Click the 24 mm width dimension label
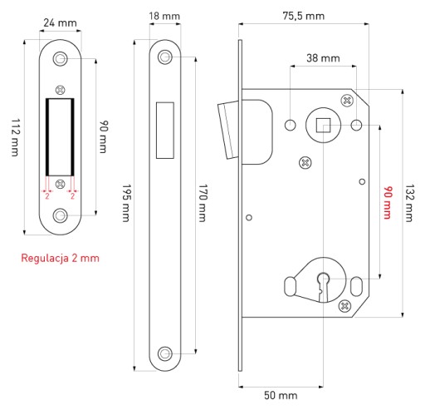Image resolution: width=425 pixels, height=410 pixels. [x=60, y=22]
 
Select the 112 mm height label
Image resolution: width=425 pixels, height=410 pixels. [x=15, y=137]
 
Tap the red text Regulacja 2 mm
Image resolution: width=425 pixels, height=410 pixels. [x=60, y=258]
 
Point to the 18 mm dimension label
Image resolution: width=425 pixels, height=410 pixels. [x=164, y=16]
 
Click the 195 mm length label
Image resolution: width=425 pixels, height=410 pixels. [x=126, y=203]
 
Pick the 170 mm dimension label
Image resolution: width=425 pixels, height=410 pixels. [x=203, y=203]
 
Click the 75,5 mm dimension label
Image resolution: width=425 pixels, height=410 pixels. [x=304, y=16]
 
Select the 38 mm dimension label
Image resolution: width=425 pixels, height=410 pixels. [x=323, y=58]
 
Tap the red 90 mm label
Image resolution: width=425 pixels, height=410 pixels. [x=388, y=203]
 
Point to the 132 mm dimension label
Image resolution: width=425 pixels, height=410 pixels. [x=409, y=203]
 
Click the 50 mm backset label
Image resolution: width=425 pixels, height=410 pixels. [x=281, y=395]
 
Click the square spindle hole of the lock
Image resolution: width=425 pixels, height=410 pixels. [x=323, y=125]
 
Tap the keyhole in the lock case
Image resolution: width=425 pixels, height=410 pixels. [x=323, y=287]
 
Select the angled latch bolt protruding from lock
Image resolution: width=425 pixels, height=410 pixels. [x=227, y=131]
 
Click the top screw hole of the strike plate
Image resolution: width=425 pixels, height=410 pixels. [x=60, y=59]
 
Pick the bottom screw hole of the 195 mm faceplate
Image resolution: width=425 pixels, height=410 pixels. [x=165, y=353]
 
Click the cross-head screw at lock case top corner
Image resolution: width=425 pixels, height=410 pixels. [x=347, y=101]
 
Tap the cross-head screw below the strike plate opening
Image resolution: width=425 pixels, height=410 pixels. [x=61, y=184]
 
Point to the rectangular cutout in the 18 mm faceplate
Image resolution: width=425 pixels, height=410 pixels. [x=165, y=131]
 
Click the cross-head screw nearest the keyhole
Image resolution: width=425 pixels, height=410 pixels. [x=344, y=306]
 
